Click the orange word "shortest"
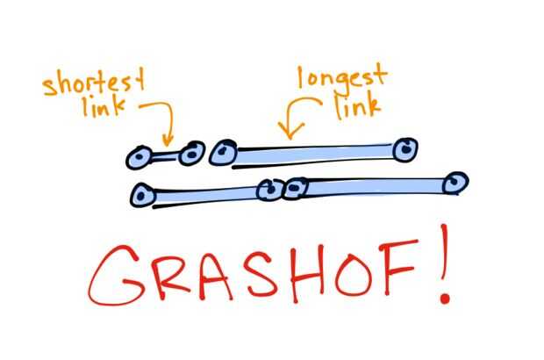(94, 82)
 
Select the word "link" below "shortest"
(104, 106)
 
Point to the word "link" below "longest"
(358, 106)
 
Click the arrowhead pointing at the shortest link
(168, 140)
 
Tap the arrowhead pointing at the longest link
(290, 131)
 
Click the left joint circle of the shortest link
(139, 157)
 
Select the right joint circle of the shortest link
(192, 153)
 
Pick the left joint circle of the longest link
(223, 152)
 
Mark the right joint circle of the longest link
(405, 149)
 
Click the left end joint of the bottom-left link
(143, 196)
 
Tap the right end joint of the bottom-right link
(456, 183)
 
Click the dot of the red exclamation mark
(445, 299)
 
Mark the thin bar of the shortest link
(165, 157)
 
